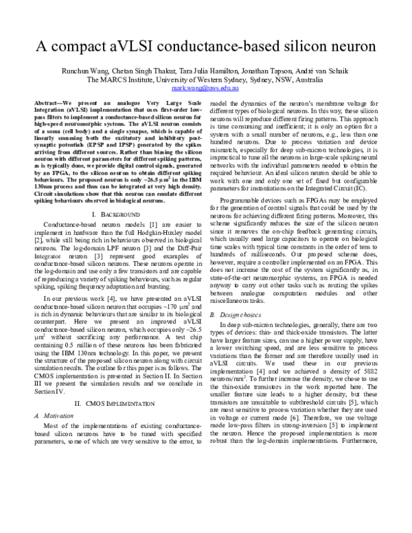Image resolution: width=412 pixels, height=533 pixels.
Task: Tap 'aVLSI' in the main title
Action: click(140, 48)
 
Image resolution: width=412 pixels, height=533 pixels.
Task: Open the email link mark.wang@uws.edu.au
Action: click(205, 89)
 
